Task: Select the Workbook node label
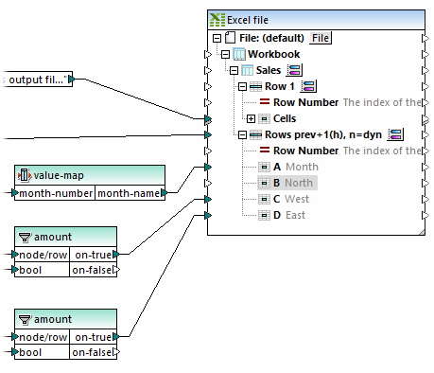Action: pos(273,54)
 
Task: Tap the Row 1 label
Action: pos(280,86)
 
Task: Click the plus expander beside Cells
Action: pos(251,118)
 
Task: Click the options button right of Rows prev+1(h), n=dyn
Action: pos(395,134)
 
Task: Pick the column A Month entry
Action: pos(294,167)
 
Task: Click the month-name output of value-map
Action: pos(128,193)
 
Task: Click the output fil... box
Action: pos(37,80)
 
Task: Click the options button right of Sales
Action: pos(294,70)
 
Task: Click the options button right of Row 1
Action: pos(307,86)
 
